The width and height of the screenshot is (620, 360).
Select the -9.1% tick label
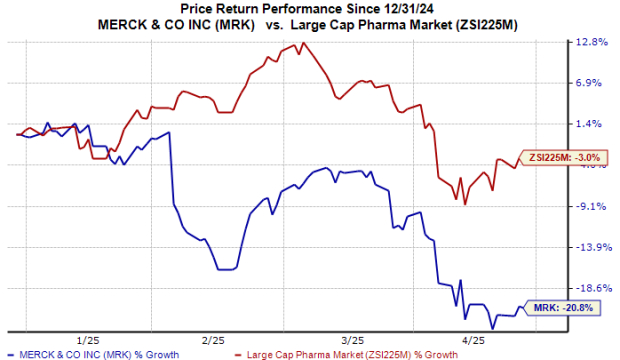click(x=593, y=206)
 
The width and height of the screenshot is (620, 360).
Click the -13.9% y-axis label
click(x=591, y=247)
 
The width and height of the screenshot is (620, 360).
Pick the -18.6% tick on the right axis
click(x=591, y=288)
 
